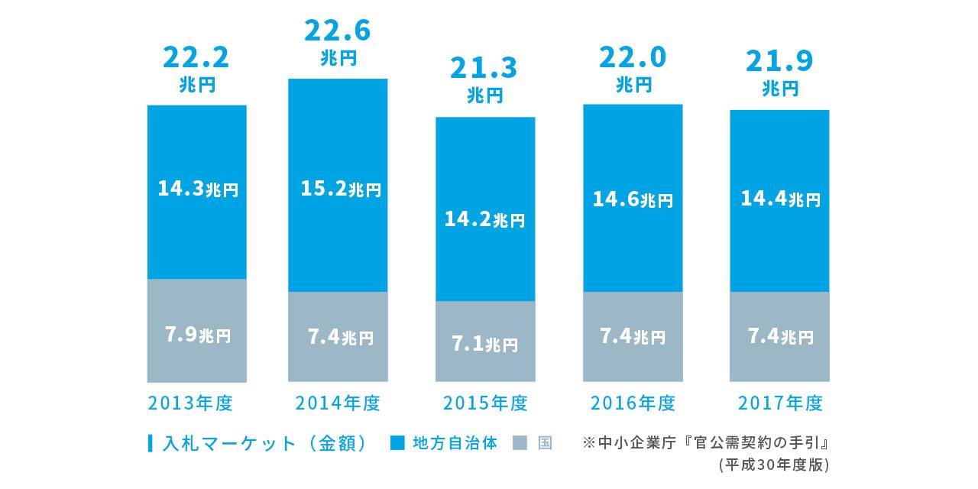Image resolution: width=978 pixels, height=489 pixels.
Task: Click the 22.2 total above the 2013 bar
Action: pyautogui.click(x=196, y=57)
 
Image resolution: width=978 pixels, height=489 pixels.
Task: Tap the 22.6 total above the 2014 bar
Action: pyautogui.click(x=337, y=31)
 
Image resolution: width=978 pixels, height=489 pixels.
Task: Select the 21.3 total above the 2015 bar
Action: pyautogui.click(x=484, y=68)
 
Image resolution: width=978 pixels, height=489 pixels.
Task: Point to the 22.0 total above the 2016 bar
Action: pyautogui.click(x=633, y=57)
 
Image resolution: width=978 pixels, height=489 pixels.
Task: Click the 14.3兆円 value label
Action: pyautogui.click(x=197, y=188)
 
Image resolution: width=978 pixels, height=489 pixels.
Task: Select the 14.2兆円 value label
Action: pyautogui.click(x=484, y=220)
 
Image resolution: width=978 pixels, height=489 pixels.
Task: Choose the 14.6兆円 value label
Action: pyautogui.click(x=633, y=199)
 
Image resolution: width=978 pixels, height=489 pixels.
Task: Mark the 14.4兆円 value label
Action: pyautogui.click(x=780, y=199)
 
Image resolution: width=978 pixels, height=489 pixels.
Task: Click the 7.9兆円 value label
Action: pyautogui.click(x=197, y=335)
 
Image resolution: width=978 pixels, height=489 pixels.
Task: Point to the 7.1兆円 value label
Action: pyautogui.click(x=484, y=344)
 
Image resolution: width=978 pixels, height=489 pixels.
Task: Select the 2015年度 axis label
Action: pyautogui.click(x=485, y=403)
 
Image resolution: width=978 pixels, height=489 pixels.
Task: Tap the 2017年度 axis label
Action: pyautogui.click(x=780, y=403)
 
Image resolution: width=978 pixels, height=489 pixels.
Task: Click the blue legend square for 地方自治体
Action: pyautogui.click(x=397, y=443)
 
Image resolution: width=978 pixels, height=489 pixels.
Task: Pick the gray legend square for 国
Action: pyautogui.click(x=520, y=443)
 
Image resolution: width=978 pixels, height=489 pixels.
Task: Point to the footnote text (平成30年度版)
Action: pyautogui.click(x=773, y=464)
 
